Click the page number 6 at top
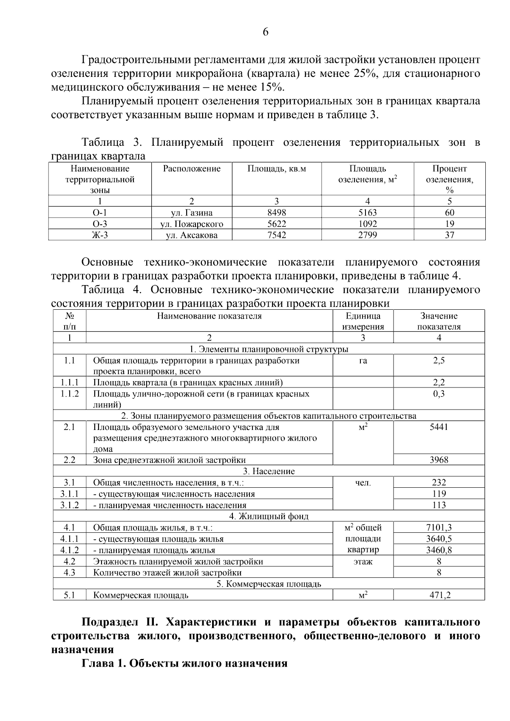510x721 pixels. click(266, 32)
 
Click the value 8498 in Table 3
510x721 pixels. click(277, 212)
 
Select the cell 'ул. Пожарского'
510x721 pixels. click(192, 224)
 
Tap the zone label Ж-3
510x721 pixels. click(100, 235)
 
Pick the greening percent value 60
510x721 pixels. click(449, 212)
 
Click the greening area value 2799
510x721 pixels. click(367, 235)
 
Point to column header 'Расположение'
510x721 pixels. click(192, 169)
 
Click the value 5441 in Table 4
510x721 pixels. click(439, 427)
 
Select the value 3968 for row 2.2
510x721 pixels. click(439, 460)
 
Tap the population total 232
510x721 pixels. click(439, 482)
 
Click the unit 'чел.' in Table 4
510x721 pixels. click(363, 483)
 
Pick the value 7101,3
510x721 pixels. click(439, 527)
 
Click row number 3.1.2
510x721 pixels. click(69, 505)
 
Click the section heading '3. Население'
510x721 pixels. click(269, 471)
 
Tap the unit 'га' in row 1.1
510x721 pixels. click(363, 361)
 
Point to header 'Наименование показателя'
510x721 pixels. click(209, 316)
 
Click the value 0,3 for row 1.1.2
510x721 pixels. click(439, 393)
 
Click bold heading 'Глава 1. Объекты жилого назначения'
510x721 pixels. click(184, 663)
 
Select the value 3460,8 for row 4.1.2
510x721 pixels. click(439, 550)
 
